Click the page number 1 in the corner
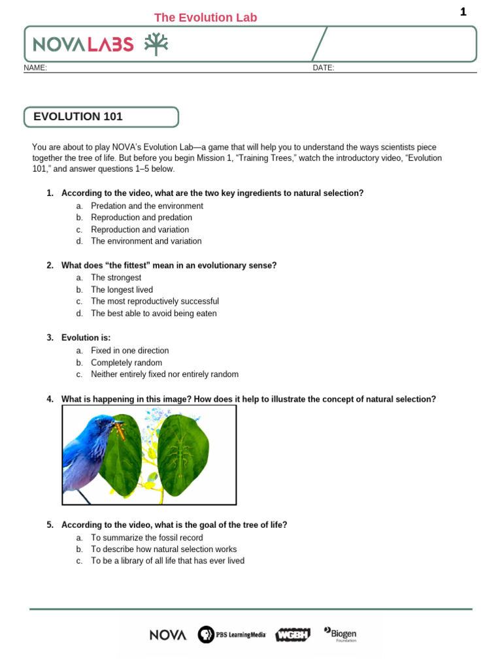(x=463, y=12)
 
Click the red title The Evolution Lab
(x=205, y=18)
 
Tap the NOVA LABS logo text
(x=84, y=44)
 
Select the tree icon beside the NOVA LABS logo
(x=156, y=43)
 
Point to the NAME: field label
(x=35, y=68)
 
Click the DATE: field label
(x=324, y=68)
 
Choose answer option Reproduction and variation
(x=140, y=229)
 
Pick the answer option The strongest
(x=116, y=278)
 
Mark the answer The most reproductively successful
(x=155, y=301)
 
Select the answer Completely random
(x=126, y=363)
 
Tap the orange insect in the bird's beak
(x=120, y=429)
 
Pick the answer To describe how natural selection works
(x=163, y=549)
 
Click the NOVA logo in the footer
(x=168, y=634)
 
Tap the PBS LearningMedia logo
(x=232, y=634)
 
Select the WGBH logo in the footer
(x=293, y=634)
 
